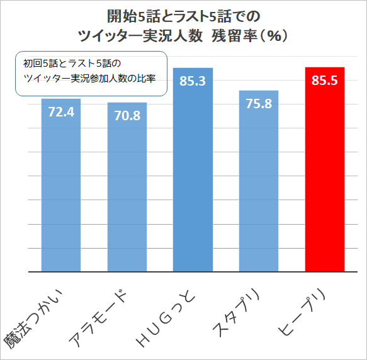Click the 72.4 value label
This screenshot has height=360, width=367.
(61, 113)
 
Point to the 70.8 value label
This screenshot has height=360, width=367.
(127, 116)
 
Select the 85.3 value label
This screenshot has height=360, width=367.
(193, 81)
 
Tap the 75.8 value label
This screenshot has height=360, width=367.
(259, 104)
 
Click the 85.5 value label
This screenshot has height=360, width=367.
(324, 81)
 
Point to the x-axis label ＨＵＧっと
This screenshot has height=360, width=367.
(168, 318)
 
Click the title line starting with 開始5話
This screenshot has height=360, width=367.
(183, 15)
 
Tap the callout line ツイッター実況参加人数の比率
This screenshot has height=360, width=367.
(89, 79)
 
